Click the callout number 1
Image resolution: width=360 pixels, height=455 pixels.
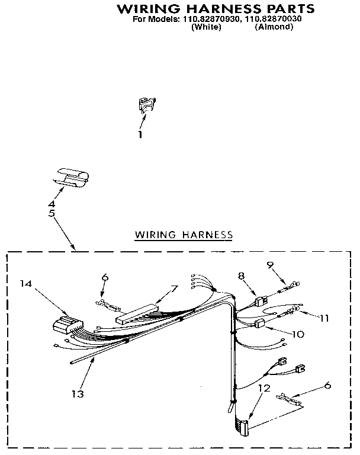140,135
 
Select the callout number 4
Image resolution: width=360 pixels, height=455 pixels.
52,204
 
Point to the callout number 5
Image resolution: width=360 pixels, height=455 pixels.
52,213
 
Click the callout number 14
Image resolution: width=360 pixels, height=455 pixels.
25,284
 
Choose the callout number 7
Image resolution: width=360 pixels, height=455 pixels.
173,289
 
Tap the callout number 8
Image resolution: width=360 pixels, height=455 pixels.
242,275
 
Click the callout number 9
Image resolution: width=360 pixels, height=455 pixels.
270,266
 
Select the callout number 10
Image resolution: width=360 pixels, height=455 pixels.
298,334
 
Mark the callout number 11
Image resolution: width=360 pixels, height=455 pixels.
323,318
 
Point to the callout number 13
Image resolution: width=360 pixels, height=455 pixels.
78,393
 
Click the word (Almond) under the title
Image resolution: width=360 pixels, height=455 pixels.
274,27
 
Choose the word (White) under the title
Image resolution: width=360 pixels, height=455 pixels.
207,27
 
